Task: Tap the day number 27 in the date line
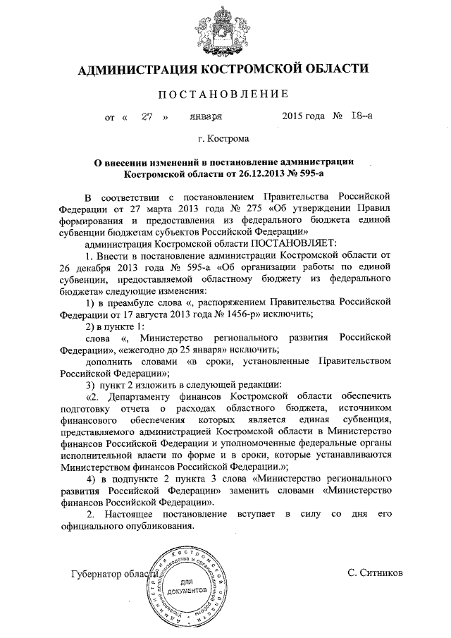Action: (x=147, y=117)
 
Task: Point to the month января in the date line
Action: (x=206, y=117)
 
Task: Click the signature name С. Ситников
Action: (x=376, y=573)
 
